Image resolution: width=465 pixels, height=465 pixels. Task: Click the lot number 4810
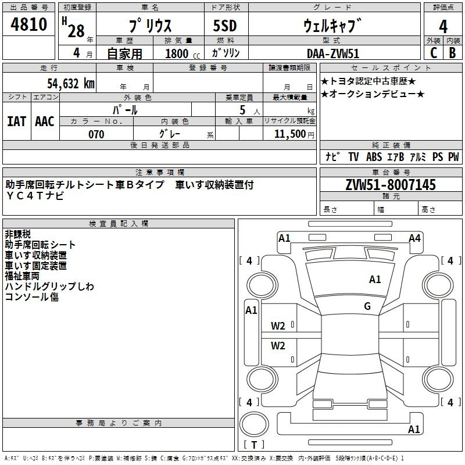pyautogui.click(x=28, y=24)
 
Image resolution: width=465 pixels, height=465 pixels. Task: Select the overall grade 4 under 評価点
pyautogui.click(x=443, y=27)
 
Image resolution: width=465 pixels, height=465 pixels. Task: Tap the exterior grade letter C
pyautogui.click(x=434, y=53)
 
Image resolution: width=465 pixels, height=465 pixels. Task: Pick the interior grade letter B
pyautogui.click(x=452, y=53)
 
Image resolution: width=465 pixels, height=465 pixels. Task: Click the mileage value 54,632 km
pyautogui.click(x=71, y=83)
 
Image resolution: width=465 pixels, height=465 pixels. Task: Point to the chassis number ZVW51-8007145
pyautogui.click(x=391, y=184)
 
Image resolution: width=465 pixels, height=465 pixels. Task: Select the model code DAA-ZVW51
pyautogui.click(x=333, y=53)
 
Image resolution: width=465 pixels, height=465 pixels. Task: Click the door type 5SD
pyautogui.click(x=225, y=26)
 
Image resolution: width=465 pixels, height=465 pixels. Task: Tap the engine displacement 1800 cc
pyautogui.click(x=183, y=53)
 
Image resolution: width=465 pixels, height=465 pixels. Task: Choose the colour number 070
pyautogui.click(x=96, y=134)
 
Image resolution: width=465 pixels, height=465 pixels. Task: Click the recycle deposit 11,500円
pyautogui.click(x=294, y=134)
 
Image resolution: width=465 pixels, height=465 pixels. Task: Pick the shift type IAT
pyautogui.click(x=16, y=121)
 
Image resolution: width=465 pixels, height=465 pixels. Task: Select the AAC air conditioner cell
pyautogui.click(x=45, y=121)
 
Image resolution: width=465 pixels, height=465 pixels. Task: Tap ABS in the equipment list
pyautogui.click(x=374, y=156)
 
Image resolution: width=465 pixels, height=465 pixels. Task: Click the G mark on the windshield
pyautogui.click(x=367, y=306)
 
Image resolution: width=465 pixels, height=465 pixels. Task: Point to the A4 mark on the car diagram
pyautogui.click(x=414, y=238)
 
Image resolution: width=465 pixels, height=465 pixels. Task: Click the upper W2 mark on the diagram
pyautogui.click(x=278, y=326)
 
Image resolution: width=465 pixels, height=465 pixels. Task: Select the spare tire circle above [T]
pyautogui.click(x=254, y=424)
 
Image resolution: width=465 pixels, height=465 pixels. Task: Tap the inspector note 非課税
pyautogui.click(x=17, y=234)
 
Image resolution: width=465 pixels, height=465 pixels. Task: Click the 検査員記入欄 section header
pyautogui.click(x=119, y=224)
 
